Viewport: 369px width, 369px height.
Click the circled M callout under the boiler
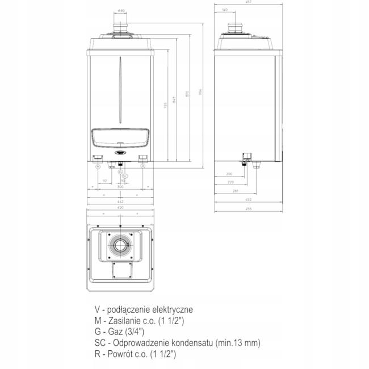(x=98, y=167)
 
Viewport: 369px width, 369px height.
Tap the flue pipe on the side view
(x=236, y=29)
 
